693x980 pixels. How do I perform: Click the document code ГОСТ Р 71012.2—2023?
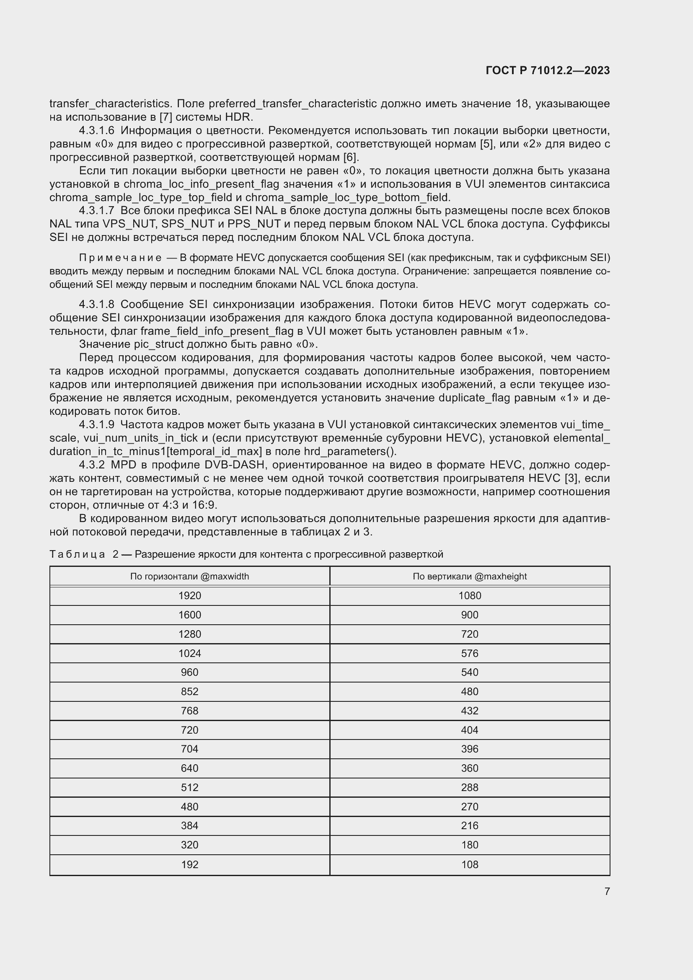[548, 70]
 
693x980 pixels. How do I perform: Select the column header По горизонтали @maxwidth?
[189, 576]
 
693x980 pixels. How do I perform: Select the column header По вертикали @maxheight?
[469, 576]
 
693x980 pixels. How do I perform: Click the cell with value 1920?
[189, 595]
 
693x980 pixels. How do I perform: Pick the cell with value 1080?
[469, 595]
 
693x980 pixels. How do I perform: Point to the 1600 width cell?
[189, 615]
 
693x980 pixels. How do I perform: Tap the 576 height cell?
[469, 653]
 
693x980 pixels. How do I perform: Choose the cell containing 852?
[189, 691]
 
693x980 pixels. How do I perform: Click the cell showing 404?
[469, 730]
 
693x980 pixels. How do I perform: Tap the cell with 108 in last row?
[469, 864]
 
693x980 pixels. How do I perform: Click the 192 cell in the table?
[189, 864]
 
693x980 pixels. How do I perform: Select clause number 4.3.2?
[92, 465]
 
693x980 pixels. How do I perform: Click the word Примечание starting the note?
[120, 258]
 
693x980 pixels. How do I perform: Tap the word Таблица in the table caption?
[77, 554]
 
